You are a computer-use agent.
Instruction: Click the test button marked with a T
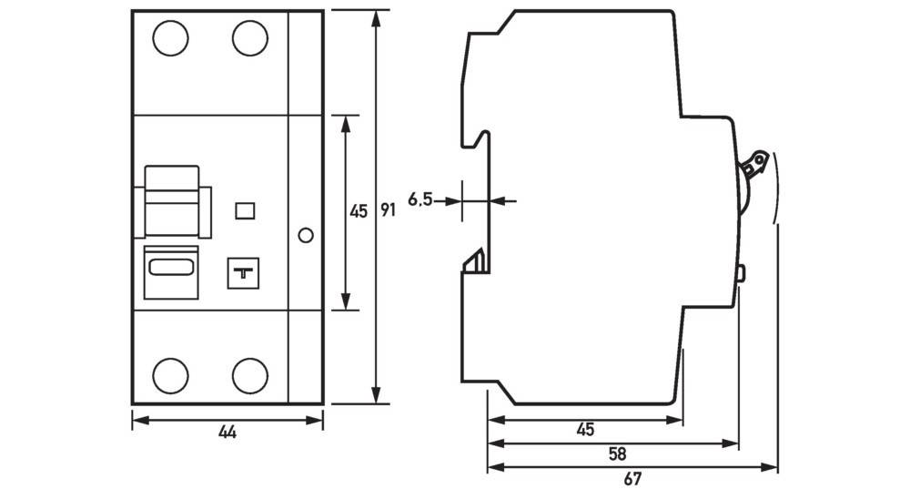click(x=243, y=270)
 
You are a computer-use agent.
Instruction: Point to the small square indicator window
click(x=244, y=211)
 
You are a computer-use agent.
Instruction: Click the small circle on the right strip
click(x=306, y=236)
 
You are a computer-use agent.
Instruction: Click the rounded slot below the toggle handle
click(x=171, y=267)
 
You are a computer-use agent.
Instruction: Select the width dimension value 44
click(x=227, y=433)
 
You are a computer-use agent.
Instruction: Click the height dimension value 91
click(x=388, y=211)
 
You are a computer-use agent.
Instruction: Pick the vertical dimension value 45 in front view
click(x=359, y=211)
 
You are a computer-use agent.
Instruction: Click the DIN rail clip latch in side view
click(x=476, y=262)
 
